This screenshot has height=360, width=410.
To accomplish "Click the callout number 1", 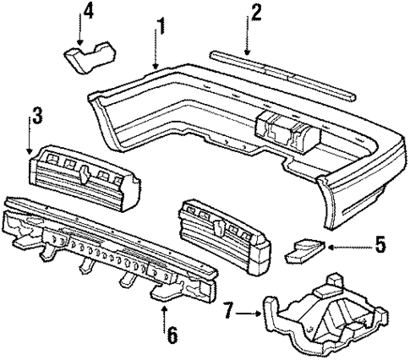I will pos(159,29).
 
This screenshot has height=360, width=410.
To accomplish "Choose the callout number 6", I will pos(172,335).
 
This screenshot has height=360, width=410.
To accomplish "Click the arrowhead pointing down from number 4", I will pos(79,42).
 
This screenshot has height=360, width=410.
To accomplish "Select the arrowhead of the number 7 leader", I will pos(259,315).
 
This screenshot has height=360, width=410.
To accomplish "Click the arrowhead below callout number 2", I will pos(248,54).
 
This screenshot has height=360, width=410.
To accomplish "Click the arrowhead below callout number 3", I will pos(31,147).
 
